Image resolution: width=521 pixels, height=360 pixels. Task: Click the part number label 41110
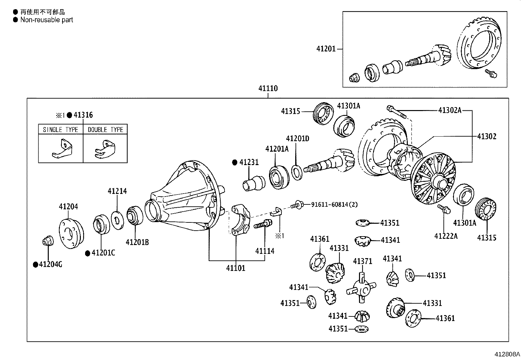(268, 88)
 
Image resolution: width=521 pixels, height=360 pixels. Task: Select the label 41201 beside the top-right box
(326, 49)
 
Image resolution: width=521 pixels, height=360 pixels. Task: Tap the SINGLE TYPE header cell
(61, 129)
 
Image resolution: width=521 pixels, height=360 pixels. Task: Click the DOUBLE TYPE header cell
(105, 129)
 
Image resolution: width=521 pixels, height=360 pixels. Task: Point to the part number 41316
(83, 115)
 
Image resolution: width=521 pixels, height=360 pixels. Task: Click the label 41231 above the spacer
(249, 162)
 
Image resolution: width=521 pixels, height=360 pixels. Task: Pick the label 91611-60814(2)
(334, 204)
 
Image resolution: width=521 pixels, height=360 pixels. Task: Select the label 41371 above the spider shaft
(363, 261)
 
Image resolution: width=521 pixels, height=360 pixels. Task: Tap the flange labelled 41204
(71, 234)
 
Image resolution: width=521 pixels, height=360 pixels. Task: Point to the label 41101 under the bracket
(236, 268)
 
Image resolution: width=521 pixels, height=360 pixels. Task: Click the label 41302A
(450, 110)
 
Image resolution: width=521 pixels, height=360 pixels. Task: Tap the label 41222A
(446, 236)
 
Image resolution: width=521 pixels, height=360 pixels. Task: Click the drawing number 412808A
(507, 354)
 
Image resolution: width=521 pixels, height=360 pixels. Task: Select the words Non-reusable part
(46, 20)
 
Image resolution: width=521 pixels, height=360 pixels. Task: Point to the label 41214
(117, 191)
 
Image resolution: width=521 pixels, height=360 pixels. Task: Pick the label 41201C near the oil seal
(103, 253)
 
